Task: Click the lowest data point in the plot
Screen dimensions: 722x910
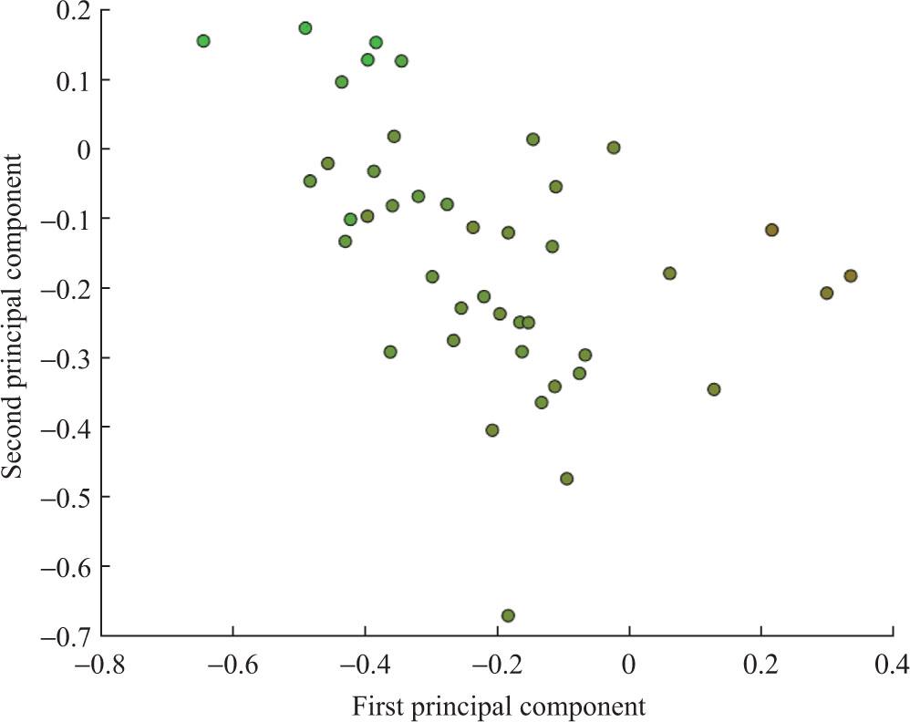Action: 508,615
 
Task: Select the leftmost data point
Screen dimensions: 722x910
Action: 203,41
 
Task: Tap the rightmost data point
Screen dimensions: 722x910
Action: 851,275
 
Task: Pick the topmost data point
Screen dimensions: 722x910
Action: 305,28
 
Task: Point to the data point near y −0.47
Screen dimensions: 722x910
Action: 566,479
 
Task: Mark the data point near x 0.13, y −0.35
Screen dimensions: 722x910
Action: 714,389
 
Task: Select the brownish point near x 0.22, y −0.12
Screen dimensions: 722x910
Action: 772,230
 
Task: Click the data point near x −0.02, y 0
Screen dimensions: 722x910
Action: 614,148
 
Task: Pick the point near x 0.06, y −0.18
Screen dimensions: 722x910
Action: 669,273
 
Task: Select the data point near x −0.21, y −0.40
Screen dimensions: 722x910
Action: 492,430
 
